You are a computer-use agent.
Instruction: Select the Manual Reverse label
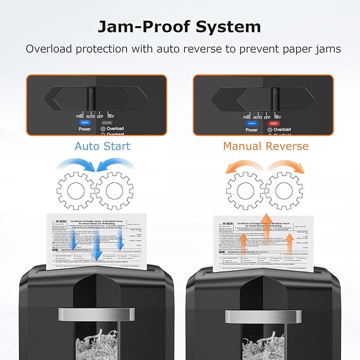[265, 146]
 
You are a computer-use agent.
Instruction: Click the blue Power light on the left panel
[85, 122]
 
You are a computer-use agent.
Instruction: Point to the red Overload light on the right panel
[274, 123]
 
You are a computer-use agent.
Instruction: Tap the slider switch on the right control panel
[275, 100]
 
